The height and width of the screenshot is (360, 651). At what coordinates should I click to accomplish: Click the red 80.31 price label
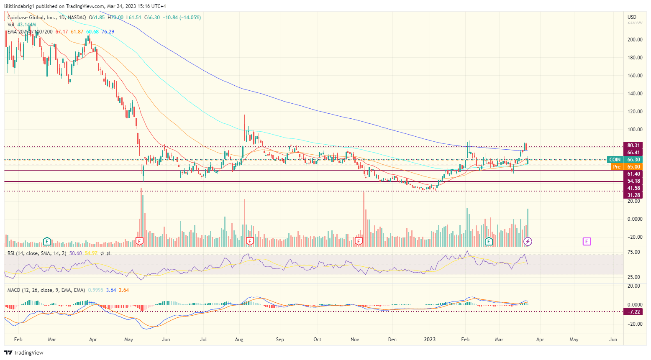pyautogui.click(x=633, y=146)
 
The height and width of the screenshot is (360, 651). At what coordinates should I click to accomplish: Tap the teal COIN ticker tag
pyautogui.click(x=615, y=160)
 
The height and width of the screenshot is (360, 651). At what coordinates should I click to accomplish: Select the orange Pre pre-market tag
pyautogui.click(x=616, y=167)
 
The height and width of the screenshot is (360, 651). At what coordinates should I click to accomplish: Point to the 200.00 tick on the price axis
pyautogui.click(x=635, y=40)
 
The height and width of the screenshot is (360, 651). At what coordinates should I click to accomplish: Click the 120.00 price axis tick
pyautogui.click(x=635, y=112)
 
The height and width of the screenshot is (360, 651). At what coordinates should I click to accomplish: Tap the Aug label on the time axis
pyautogui.click(x=239, y=340)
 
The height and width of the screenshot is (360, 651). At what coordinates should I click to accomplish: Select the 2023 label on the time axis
pyautogui.click(x=430, y=340)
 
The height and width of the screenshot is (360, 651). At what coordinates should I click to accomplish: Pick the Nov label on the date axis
pyautogui.click(x=355, y=340)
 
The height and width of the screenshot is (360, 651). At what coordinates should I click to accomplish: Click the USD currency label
pyautogui.click(x=632, y=17)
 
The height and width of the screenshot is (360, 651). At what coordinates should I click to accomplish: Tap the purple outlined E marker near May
pyautogui.click(x=587, y=241)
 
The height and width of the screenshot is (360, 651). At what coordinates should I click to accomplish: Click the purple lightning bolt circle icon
pyautogui.click(x=528, y=241)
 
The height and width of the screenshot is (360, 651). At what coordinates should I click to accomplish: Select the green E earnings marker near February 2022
pyautogui.click(x=47, y=241)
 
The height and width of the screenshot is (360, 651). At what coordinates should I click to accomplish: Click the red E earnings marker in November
pyautogui.click(x=359, y=241)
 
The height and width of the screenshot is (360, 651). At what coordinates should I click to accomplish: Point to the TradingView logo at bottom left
pyautogui.click(x=24, y=352)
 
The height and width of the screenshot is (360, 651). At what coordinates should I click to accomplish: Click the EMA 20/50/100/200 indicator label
pyautogui.click(x=30, y=32)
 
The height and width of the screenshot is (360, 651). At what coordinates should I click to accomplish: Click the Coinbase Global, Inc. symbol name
pyautogui.click(x=32, y=18)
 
